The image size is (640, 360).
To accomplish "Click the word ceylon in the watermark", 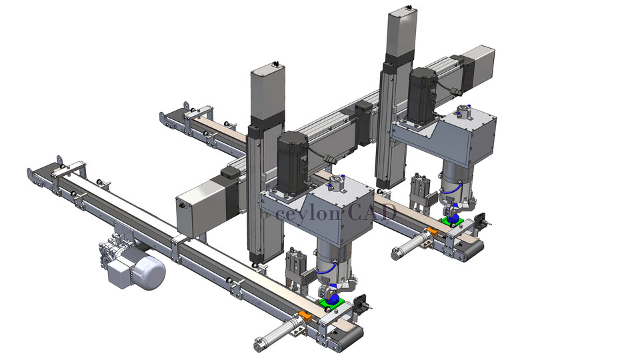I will pos(308,213).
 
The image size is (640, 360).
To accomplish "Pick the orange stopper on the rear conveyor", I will pos(431,231).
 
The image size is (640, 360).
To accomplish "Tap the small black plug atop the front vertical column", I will pos(274,65).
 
